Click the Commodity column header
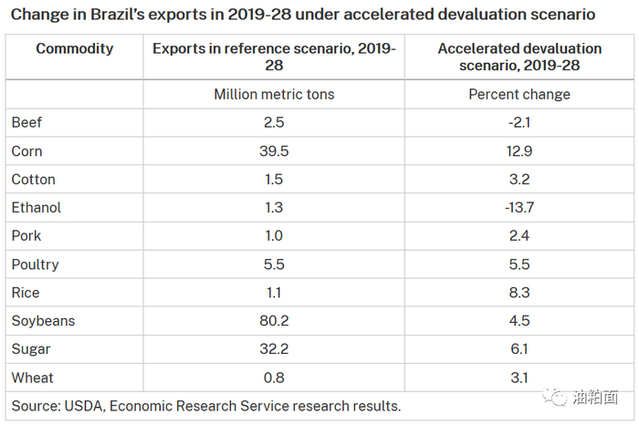click(x=75, y=48)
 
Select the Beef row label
click(x=26, y=122)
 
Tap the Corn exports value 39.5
click(x=275, y=150)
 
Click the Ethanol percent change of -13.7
click(x=519, y=208)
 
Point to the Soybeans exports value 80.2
click(x=275, y=321)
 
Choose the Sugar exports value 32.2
click(x=275, y=349)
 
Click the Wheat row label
click(x=33, y=378)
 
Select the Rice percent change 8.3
click(x=519, y=293)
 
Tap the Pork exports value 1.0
click(x=275, y=236)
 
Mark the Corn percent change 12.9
click(x=519, y=150)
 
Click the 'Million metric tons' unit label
click(x=275, y=95)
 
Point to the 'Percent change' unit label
click(x=519, y=95)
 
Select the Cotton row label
click(x=34, y=180)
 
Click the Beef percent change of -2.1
click(x=519, y=122)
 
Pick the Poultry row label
click(x=36, y=264)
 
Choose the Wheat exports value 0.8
click(x=275, y=378)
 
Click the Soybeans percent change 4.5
click(x=519, y=321)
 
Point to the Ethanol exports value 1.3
click(x=275, y=208)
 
